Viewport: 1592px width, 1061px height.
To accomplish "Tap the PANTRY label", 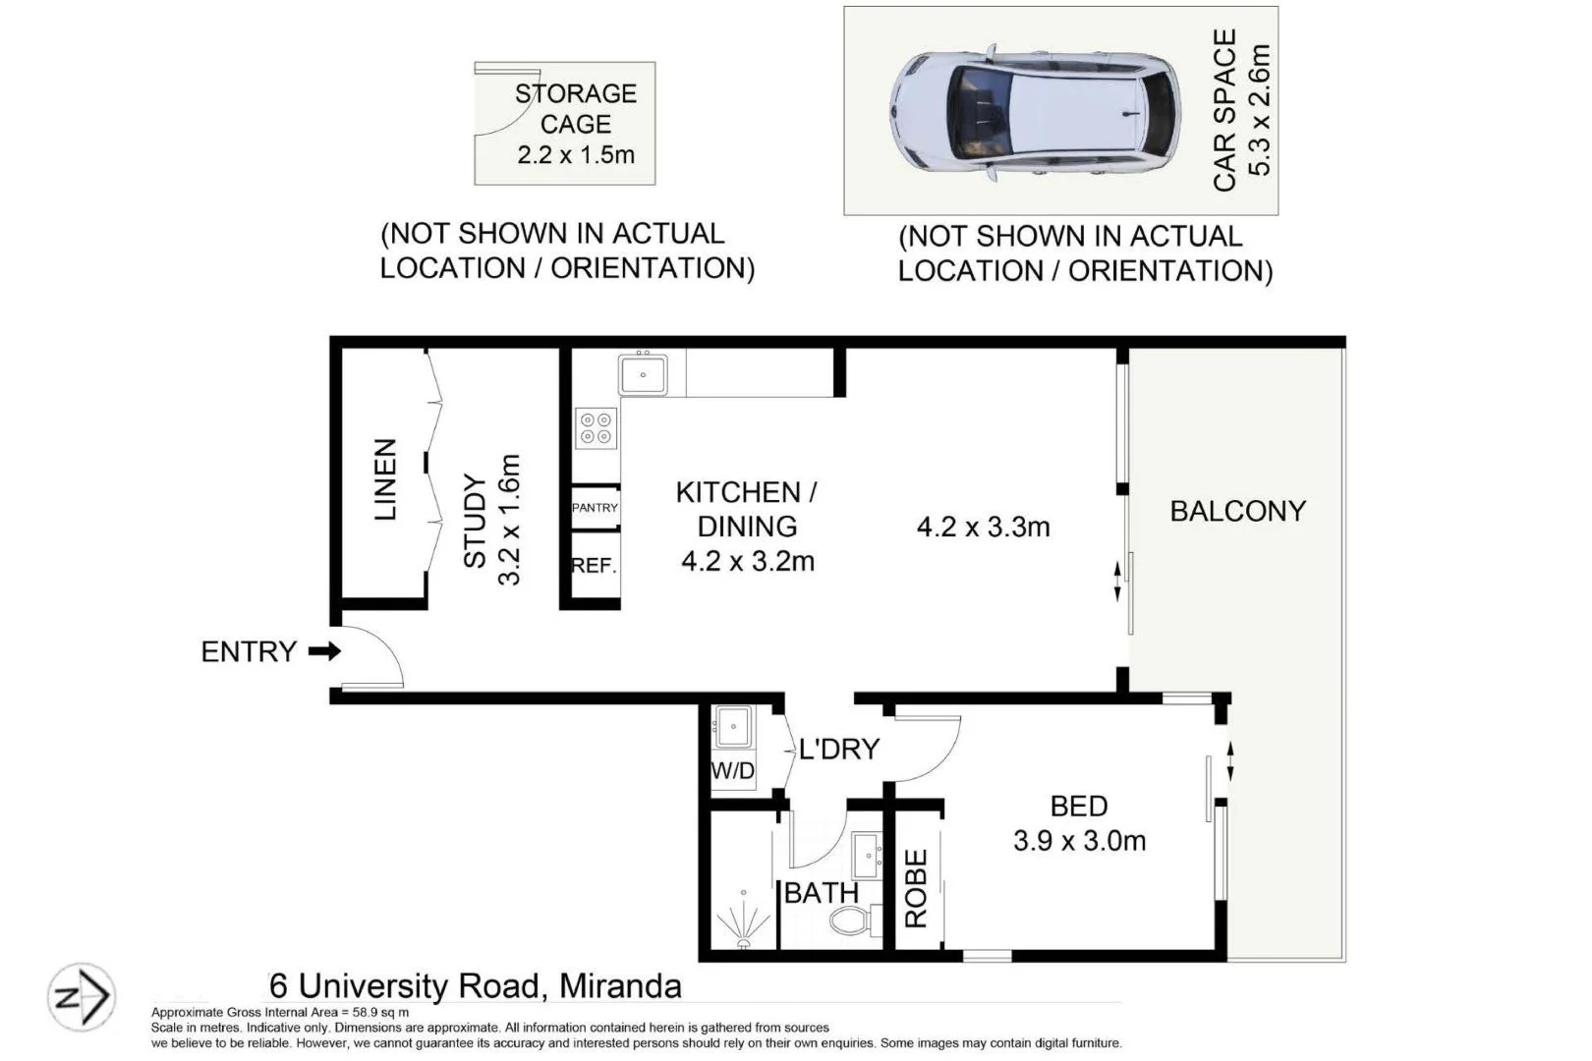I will coord(595,508).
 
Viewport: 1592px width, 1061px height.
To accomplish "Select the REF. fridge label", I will coord(594,566).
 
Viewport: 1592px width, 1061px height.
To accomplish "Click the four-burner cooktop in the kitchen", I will coord(597,427).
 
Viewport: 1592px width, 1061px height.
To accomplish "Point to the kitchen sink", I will coord(643,374).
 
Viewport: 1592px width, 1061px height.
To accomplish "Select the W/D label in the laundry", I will coord(732,771).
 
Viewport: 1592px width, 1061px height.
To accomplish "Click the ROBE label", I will coord(916,889).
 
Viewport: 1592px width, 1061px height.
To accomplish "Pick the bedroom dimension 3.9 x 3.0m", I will coord(1079,841).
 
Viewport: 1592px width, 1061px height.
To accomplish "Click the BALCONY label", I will coord(1237,511).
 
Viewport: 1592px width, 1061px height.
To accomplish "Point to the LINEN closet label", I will coord(385,479).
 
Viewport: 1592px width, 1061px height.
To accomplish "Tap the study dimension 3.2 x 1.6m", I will coord(509,520).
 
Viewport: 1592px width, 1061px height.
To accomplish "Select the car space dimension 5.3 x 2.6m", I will coord(1260,110).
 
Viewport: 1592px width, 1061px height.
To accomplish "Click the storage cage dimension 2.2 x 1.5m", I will coord(576,155).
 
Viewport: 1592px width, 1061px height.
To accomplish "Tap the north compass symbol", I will coord(81,997).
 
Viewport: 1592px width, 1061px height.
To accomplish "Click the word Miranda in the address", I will coord(620,985).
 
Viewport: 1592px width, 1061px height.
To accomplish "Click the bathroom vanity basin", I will coord(867,857).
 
